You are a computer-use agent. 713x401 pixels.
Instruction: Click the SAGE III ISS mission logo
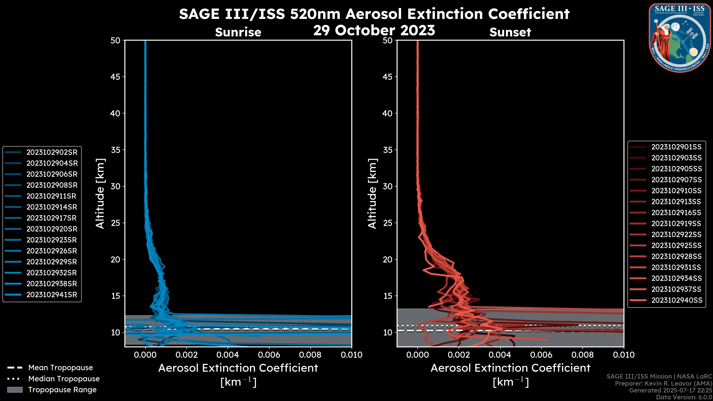680,38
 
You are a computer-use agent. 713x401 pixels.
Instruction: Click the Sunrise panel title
238,32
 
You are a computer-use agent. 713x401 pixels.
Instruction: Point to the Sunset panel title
510,32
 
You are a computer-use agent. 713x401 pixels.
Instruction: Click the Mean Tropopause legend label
61,368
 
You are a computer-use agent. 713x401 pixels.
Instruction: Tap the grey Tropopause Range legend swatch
15,390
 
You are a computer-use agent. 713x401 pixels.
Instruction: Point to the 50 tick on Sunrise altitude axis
115,40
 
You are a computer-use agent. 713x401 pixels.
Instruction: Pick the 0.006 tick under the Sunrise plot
269,355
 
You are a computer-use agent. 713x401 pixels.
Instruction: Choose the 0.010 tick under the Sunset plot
624,355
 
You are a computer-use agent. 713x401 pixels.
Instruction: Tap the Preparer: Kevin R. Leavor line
663,384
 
